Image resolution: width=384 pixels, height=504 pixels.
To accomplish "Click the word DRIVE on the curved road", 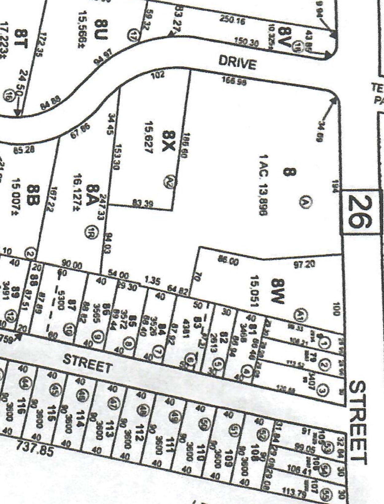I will (x=237, y=63).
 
